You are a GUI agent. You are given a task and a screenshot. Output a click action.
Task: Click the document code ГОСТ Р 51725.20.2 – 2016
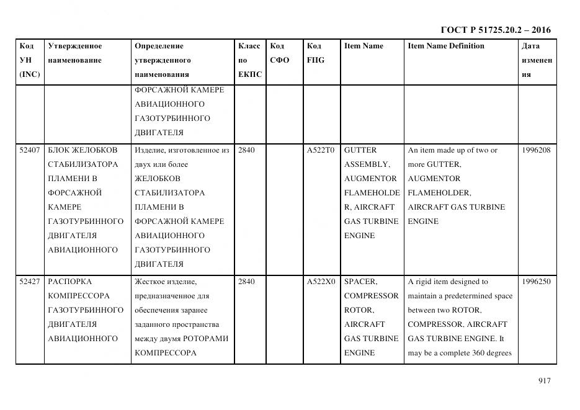[495, 30]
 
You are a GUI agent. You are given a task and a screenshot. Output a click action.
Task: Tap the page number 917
[544, 381]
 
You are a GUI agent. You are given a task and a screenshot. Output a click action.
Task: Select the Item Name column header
[364, 46]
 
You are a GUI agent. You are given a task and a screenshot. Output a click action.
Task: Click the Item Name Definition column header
[446, 46]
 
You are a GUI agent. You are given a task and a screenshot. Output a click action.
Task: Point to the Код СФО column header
[280, 53]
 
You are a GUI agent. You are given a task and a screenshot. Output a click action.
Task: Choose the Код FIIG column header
[315, 53]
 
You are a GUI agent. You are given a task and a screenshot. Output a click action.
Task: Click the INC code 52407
[30, 150]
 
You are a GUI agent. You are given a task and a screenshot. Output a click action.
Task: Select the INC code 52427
[30, 282]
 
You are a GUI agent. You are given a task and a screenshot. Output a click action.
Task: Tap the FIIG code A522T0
[321, 150]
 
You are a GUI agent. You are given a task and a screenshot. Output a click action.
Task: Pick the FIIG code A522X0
[321, 282]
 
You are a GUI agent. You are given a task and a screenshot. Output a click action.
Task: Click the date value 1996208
[536, 150]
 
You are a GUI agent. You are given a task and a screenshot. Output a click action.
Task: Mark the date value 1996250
[536, 282]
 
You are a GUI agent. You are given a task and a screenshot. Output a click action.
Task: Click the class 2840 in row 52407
[246, 150]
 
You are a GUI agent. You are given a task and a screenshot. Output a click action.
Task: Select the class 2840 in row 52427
[246, 282]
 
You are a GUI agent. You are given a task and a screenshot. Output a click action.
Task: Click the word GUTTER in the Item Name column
[360, 150]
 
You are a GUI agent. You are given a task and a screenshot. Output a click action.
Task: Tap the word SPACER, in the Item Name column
[360, 282]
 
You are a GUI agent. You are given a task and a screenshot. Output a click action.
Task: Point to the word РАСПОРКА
[69, 282]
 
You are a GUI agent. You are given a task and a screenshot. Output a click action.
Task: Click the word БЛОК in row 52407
[59, 150]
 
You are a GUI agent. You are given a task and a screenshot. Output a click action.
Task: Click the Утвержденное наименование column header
[75, 53]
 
